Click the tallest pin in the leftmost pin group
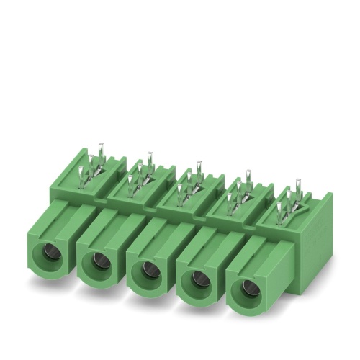[100, 153]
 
